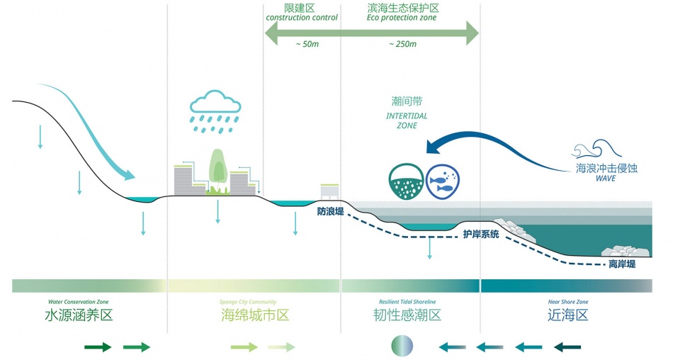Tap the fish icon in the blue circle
coord(442,181)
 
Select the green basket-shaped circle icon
coord(406,181)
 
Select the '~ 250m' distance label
coord(402,44)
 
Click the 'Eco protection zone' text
coord(402,18)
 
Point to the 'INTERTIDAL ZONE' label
coord(407,120)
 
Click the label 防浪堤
coord(330,211)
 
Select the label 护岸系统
coord(481,234)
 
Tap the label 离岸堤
coord(621,264)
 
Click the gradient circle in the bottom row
coord(402,347)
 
